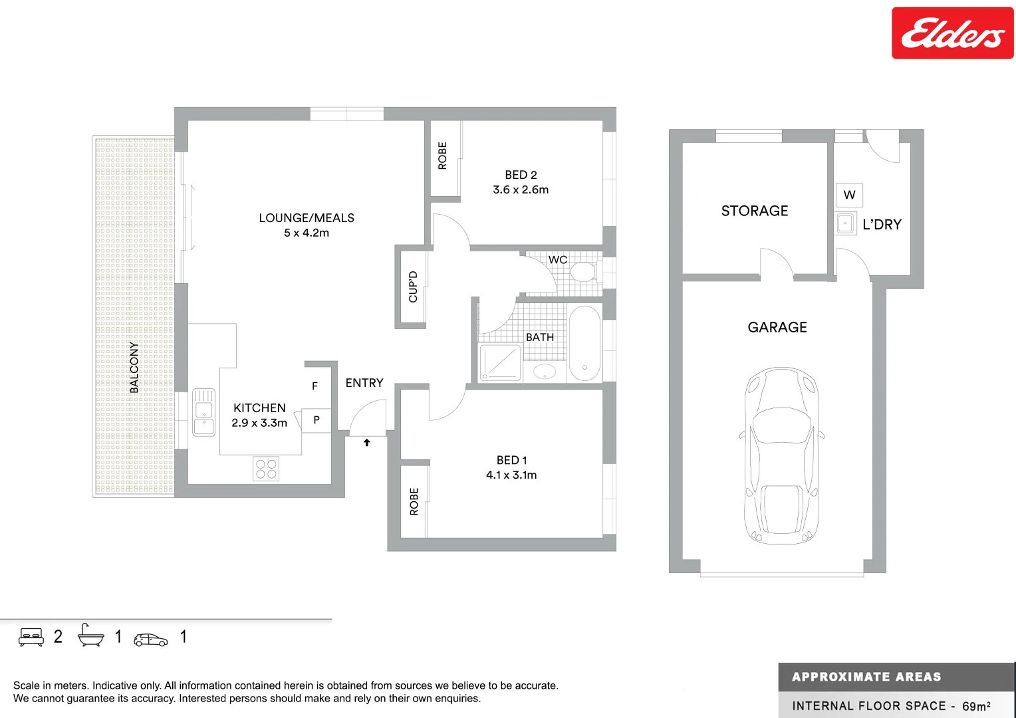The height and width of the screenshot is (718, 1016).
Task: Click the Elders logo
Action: [x=952, y=33]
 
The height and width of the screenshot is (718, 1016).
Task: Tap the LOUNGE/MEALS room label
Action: [x=307, y=218]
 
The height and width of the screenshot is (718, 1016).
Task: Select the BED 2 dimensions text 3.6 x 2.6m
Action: [x=521, y=190]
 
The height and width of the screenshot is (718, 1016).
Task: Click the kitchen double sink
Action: [x=203, y=412]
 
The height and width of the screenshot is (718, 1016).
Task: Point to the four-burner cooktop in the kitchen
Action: [x=266, y=469]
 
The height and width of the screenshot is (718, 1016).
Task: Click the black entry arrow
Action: [x=366, y=442]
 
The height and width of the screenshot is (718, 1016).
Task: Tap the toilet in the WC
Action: [x=583, y=272]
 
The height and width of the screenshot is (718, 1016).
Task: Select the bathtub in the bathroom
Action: [x=584, y=343]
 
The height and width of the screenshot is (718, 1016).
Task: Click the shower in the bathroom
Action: [x=500, y=362]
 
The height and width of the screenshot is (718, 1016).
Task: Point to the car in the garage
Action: [x=781, y=456]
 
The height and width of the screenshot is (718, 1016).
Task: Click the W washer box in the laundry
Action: [x=849, y=195]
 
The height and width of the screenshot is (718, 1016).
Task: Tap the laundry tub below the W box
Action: [x=846, y=223]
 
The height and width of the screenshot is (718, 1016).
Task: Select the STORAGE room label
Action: [x=755, y=211]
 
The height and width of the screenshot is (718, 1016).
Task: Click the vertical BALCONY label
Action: [x=134, y=368]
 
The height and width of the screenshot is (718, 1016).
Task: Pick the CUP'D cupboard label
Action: [x=413, y=287]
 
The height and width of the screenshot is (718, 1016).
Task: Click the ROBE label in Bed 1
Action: [x=414, y=502]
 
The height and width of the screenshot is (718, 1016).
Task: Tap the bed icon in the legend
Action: [x=31, y=637]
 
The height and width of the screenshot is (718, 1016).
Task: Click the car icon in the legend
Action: [x=151, y=640]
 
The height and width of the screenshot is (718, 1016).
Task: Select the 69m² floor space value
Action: [x=976, y=706]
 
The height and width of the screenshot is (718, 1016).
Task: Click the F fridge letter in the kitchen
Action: [x=315, y=386]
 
